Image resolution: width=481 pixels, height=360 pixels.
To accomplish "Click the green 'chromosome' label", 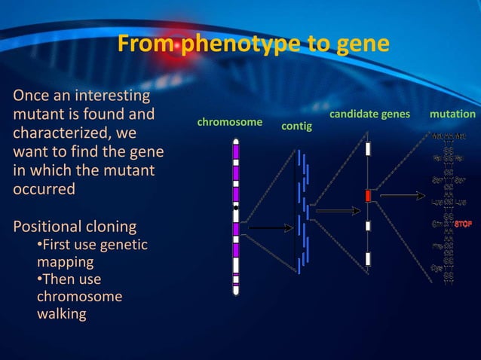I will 229,121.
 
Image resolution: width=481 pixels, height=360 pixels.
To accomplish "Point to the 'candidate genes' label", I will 369,114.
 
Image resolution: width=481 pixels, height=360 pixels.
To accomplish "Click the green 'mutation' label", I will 452,114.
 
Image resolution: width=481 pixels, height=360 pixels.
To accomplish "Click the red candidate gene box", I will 368,196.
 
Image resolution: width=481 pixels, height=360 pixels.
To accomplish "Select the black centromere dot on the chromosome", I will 236,206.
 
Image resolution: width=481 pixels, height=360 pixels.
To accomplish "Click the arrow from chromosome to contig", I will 268,227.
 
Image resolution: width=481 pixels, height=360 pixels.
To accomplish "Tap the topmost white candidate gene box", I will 368,148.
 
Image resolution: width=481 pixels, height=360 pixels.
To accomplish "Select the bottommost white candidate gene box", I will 368,259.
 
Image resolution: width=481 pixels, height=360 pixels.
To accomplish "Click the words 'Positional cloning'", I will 75,227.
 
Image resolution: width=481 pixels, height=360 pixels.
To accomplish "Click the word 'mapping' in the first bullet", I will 66,262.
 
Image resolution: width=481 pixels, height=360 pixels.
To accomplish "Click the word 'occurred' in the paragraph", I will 44,188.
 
